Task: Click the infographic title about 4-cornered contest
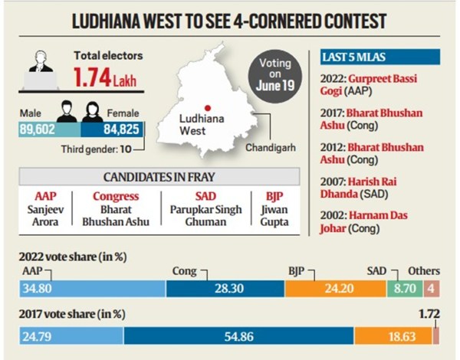[229, 21]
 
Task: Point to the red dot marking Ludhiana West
[207, 107]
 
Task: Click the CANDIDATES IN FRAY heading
[167, 178]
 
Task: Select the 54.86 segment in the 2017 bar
[238, 335]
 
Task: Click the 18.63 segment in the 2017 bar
[393, 335]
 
